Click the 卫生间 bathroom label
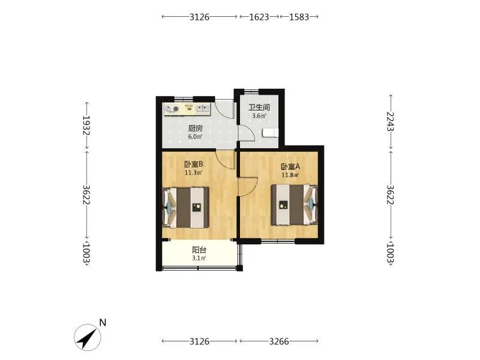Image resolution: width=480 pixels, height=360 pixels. pyautogui.click(x=259, y=107)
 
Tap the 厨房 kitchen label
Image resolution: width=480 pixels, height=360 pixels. pyautogui.click(x=196, y=128)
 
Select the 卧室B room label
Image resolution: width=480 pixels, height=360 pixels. pyautogui.click(x=193, y=164)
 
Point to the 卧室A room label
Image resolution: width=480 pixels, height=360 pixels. pyautogui.click(x=290, y=167)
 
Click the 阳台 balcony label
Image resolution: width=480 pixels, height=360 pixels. pyautogui.click(x=199, y=250)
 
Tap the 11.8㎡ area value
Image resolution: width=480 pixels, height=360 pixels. pyautogui.click(x=290, y=175)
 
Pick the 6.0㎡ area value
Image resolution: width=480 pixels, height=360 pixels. pyautogui.click(x=196, y=137)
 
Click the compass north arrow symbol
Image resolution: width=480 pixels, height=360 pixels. pyautogui.click(x=88, y=337)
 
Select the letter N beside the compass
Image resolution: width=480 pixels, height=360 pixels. pyautogui.click(x=103, y=323)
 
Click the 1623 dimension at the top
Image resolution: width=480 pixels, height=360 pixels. pyautogui.click(x=259, y=17)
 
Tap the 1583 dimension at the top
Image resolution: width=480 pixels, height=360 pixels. pyautogui.click(x=299, y=17)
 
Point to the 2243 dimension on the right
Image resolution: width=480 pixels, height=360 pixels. pyautogui.click(x=391, y=121)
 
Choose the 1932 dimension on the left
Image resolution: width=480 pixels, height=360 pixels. pyautogui.click(x=86, y=125)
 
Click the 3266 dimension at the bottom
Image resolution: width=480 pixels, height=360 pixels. pyautogui.click(x=279, y=341)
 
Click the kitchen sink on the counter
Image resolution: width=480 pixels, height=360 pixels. pyautogui.click(x=203, y=108)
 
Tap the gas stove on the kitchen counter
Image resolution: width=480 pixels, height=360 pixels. pyautogui.click(x=172, y=109)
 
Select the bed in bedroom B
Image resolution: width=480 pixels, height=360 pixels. pyautogui.click(x=185, y=208)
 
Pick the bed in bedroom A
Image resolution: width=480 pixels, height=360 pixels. pyautogui.click(x=295, y=205)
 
